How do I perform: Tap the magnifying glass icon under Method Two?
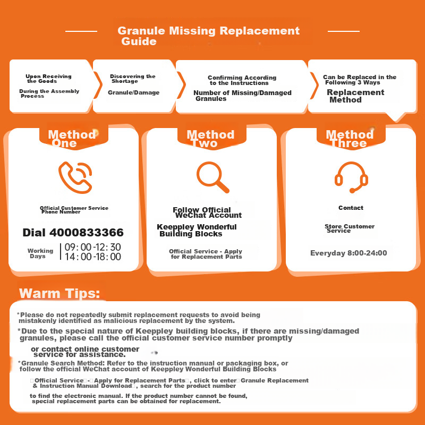point(212,176)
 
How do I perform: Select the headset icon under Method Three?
point(351,176)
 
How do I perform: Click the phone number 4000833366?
point(73,233)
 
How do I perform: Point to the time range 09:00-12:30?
point(92,247)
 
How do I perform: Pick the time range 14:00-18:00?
point(92,257)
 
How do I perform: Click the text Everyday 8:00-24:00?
point(348,253)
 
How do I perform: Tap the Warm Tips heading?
point(59,294)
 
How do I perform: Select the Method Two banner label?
point(210,138)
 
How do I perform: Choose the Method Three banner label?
point(349,138)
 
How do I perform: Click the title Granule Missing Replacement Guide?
point(208,36)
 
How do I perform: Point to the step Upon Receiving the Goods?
point(48,79)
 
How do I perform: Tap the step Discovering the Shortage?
point(132,79)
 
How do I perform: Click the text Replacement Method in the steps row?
point(355,96)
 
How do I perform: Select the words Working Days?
point(41,253)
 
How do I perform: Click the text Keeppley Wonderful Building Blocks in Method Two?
point(197,230)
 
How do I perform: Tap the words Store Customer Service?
point(350,228)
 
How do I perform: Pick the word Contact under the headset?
point(351,208)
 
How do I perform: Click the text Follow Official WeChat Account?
point(207,212)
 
